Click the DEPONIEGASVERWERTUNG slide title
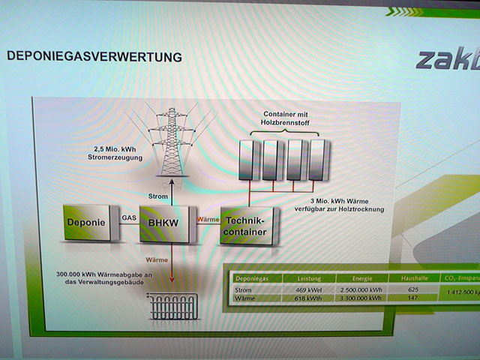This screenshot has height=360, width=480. (x=94, y=56)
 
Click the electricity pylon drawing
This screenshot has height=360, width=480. (x=172, y=142)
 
